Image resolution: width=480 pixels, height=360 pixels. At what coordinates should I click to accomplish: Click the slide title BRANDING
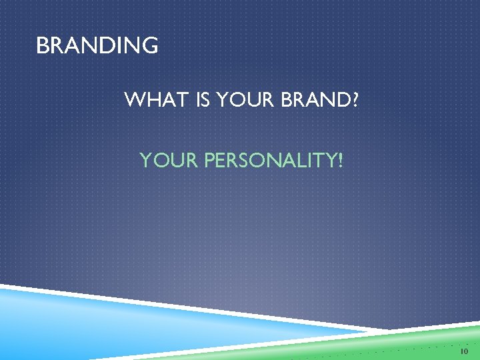97,46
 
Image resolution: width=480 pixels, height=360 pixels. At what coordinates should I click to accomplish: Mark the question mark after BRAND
354,101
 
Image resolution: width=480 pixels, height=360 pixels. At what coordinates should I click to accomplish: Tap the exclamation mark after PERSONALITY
340,161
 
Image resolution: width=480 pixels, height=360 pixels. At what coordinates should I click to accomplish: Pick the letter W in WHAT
135,101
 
